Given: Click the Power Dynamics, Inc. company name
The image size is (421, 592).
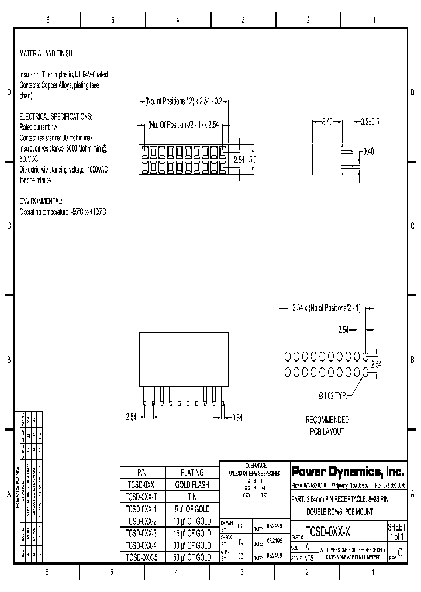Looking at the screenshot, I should pyautogui.click(x=347, y=471).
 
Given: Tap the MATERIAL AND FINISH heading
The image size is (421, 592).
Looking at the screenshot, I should pyautogui.click(x=46, y=53).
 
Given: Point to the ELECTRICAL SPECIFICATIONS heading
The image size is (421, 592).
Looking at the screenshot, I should pyautogui.click(x=56, y=116).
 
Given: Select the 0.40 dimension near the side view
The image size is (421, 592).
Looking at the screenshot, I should pyautogui.click(x=368, y=152).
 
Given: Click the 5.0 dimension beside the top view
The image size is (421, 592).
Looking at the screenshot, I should pyautogui.click(x=253, y=159).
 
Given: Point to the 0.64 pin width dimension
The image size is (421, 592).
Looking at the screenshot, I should pyautogui.click(x=237, y=417).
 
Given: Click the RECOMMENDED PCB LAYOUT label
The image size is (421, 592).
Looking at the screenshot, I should pyautogui.click(x=327, y=426).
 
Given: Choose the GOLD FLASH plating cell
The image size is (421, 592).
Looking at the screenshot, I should pyautogui.click(x=192, y=485).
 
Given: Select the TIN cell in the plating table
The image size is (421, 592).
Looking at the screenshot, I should pyautogui.click(x=192, y=497).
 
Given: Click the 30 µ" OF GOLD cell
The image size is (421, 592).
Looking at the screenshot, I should pyautogui.click(x=192, y=545).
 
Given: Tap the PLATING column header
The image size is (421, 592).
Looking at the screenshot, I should pyautogui.click(x=192, y=473).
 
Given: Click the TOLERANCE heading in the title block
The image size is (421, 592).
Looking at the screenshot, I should pyautogui.click(x=254, y=465).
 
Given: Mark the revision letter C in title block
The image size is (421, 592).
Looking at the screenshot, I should pyautogui.click(x=399, y=552).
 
